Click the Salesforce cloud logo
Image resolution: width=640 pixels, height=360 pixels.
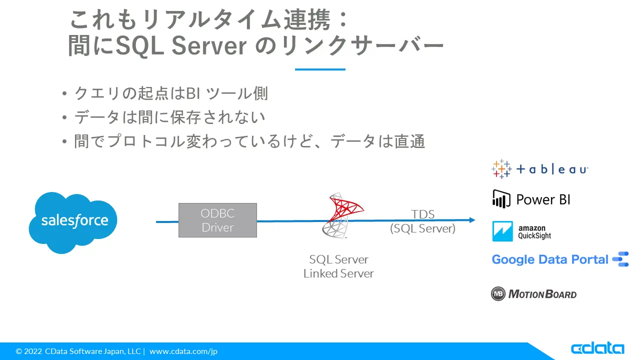click(73, 222)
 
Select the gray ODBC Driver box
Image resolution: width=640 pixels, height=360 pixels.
click(217, 220)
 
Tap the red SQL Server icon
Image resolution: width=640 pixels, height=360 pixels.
click(342, 215)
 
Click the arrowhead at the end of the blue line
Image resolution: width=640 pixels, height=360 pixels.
click(472, 220)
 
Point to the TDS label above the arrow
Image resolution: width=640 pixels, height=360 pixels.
click(423, 214)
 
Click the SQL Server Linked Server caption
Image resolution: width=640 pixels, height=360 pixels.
click(338, 266)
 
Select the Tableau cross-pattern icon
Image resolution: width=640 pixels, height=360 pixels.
click(501, 169)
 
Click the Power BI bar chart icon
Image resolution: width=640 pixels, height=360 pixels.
click(501, 199)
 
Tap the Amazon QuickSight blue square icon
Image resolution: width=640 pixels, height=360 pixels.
click(502, 231)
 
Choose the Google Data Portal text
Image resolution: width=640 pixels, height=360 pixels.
click(550, 259)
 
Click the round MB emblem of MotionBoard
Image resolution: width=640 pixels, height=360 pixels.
click(498, 293)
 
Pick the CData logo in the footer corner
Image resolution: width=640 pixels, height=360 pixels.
click(597, 348)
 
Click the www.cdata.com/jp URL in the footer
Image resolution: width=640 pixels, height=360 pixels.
click(183, 351)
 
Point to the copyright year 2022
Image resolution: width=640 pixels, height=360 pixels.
click(33, 351)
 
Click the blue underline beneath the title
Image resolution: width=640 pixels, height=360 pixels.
click(320, 69)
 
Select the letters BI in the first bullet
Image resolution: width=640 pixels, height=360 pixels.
click(193, 93)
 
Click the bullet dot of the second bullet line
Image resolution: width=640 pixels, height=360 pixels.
click(64, 117)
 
